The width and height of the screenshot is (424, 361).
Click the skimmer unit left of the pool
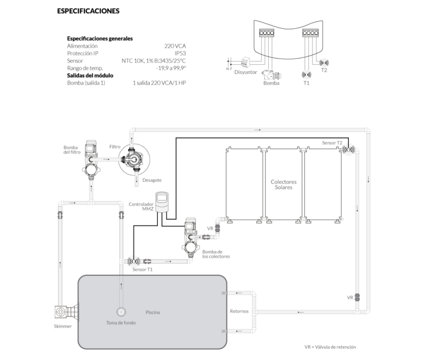(x=61, y=312)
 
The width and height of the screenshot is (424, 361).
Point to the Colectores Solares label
(x=284, y=184)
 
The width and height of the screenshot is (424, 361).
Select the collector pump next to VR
(x=190, y=235)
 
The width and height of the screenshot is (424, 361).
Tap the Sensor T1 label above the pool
(x=142, y=270)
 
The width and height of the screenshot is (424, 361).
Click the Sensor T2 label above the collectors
(x=332, y=143)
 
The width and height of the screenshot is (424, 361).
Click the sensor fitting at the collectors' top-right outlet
(x=347, y=149)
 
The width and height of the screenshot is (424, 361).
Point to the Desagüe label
(x=152, y=180)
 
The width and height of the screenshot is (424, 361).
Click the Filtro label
(x=115, y=147)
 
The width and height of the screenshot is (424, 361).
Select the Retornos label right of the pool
(x=239, y=312)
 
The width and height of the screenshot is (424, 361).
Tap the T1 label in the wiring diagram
(x=306, y=83)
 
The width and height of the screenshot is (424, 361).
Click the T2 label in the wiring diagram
(x=324, y=70)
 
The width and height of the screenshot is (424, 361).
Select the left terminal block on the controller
(x=267, y=33)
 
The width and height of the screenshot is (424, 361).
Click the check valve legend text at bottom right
(x=330, y=347)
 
